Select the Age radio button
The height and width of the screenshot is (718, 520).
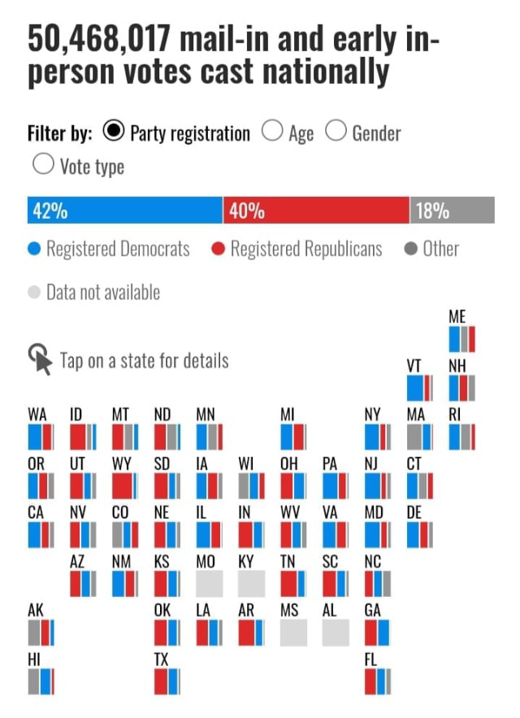pyautogui.click(x=273, y=132)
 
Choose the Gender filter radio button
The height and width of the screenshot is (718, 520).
pyautogui.click(x=336, y=132)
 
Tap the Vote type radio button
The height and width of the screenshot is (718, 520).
pyautogui.click(x=42, y=165)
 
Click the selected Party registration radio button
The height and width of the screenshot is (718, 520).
pyautogui.click(x=115, y=132)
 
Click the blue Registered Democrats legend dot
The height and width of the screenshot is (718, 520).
pyautogui.click(x=34, y=249)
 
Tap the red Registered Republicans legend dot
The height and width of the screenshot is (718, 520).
pyautogui.click(x=218, y=249)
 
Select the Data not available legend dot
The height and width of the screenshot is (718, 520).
pyautogui.click(x=34, y=292)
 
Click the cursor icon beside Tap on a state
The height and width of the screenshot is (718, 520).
pyautogui.click(x=40, y=357)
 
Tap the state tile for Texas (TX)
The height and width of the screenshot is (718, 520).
pyautogui.click(x=167, y=681)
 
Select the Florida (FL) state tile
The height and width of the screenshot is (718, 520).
pyautogui.click(x=377, y=681)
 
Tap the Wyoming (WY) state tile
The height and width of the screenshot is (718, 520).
pyautogui.click(x=124, y=485)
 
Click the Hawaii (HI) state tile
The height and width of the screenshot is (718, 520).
pyautogui.click(x=40, y=681)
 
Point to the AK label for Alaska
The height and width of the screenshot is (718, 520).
pyautogui.click(x=36, y=610)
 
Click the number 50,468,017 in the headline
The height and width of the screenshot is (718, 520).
pyautogui.click(x=98, y=38)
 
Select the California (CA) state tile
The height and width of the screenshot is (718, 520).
pyautogui.click(x=40, y=534)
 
